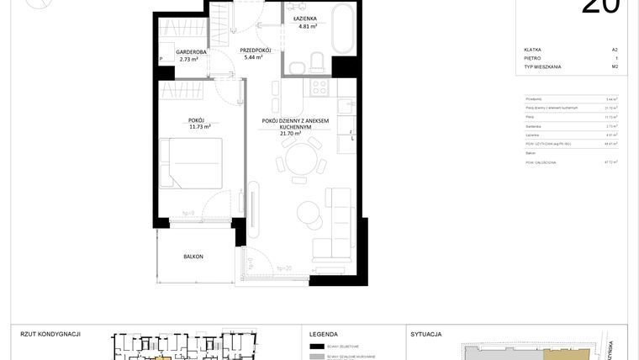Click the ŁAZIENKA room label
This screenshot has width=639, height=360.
pos(304,18)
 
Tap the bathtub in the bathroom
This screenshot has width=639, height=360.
pos(342,29)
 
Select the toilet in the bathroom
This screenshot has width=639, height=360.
pos(316,61)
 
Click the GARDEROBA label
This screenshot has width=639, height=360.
pos(193,52)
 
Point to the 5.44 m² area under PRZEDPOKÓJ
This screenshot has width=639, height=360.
pos(255,58)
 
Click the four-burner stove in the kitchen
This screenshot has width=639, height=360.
pos(320,86)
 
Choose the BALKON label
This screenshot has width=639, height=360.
pos(193,257)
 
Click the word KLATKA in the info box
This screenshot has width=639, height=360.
pos(532,50)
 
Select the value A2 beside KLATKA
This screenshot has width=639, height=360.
pos(615,50)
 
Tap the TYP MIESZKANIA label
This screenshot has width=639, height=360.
pos(542,66)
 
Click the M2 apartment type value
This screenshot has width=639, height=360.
pos(615,66)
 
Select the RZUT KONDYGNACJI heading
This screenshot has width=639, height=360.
pos(50,334)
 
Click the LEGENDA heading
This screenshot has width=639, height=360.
pos(324,334)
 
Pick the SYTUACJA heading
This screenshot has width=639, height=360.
pos(426,334)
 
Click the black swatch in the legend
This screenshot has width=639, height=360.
pos(317,347)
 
